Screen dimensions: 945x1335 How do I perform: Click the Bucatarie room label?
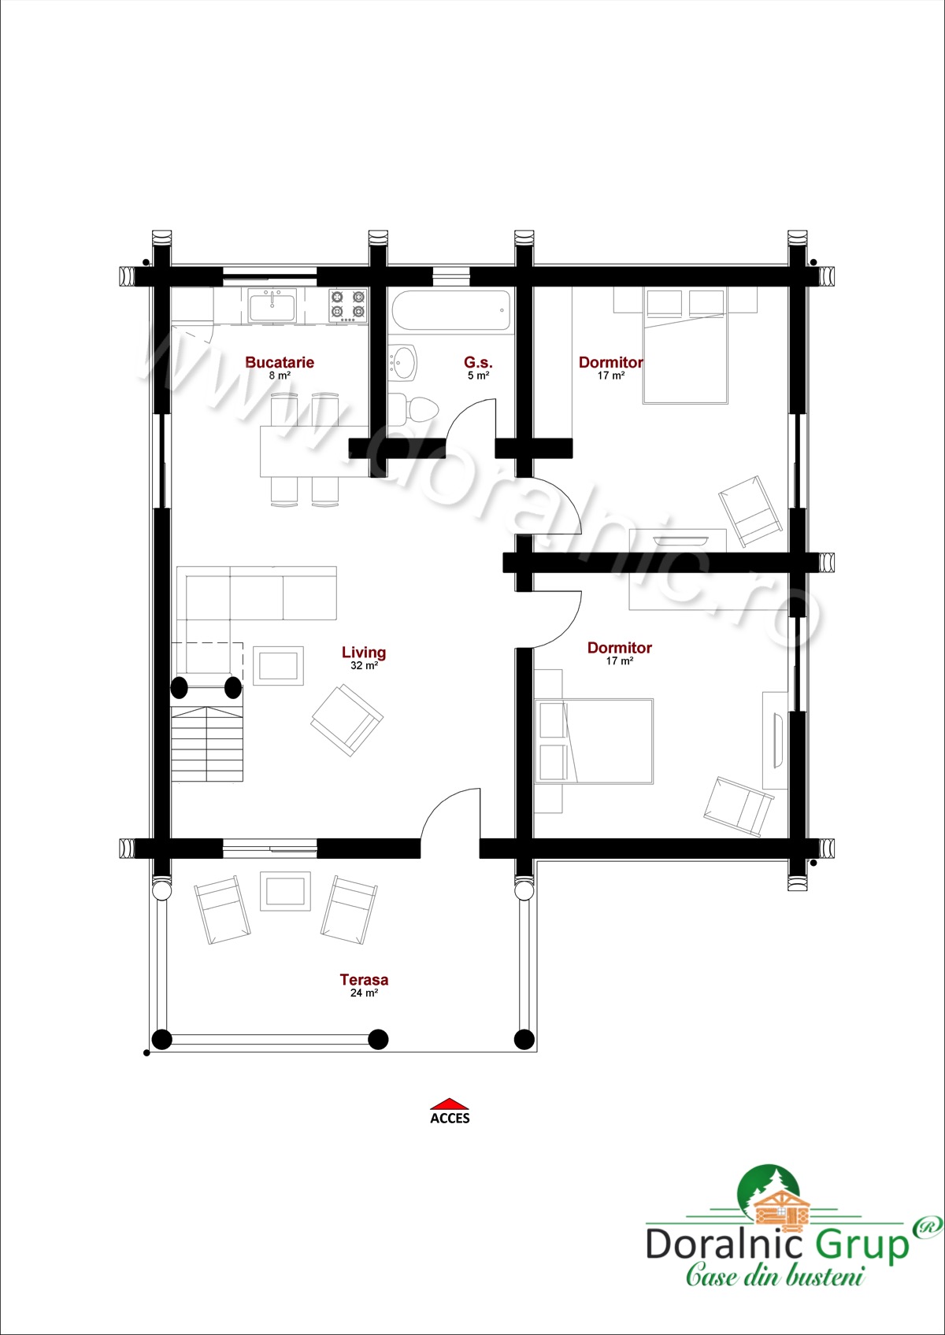tap(279, 362)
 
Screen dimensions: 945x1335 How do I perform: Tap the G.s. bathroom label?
tap(478, 362)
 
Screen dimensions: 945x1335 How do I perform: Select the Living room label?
tap(364, 653)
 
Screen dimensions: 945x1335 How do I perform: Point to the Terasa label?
tap(364, 979)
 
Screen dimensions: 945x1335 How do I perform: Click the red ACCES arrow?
tap(450, 1103)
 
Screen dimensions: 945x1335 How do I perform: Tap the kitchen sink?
tap(272, 305)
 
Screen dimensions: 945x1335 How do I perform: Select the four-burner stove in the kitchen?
tap(348, 305)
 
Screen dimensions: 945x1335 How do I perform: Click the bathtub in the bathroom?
tap(451, 310)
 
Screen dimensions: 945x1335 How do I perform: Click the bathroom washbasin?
tap(403, 362)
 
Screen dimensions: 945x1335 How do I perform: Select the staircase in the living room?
tap(207, 744)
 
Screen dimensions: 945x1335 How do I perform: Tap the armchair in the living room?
tap(347, 720)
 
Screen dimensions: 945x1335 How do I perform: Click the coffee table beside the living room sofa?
tap(279, 666)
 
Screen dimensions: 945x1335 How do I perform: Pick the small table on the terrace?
tap(286, 891)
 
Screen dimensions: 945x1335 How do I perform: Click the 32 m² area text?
tap(365, 666)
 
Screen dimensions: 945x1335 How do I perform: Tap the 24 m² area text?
tap(365, 993)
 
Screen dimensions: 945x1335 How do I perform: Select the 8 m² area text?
tap(280, 375)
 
